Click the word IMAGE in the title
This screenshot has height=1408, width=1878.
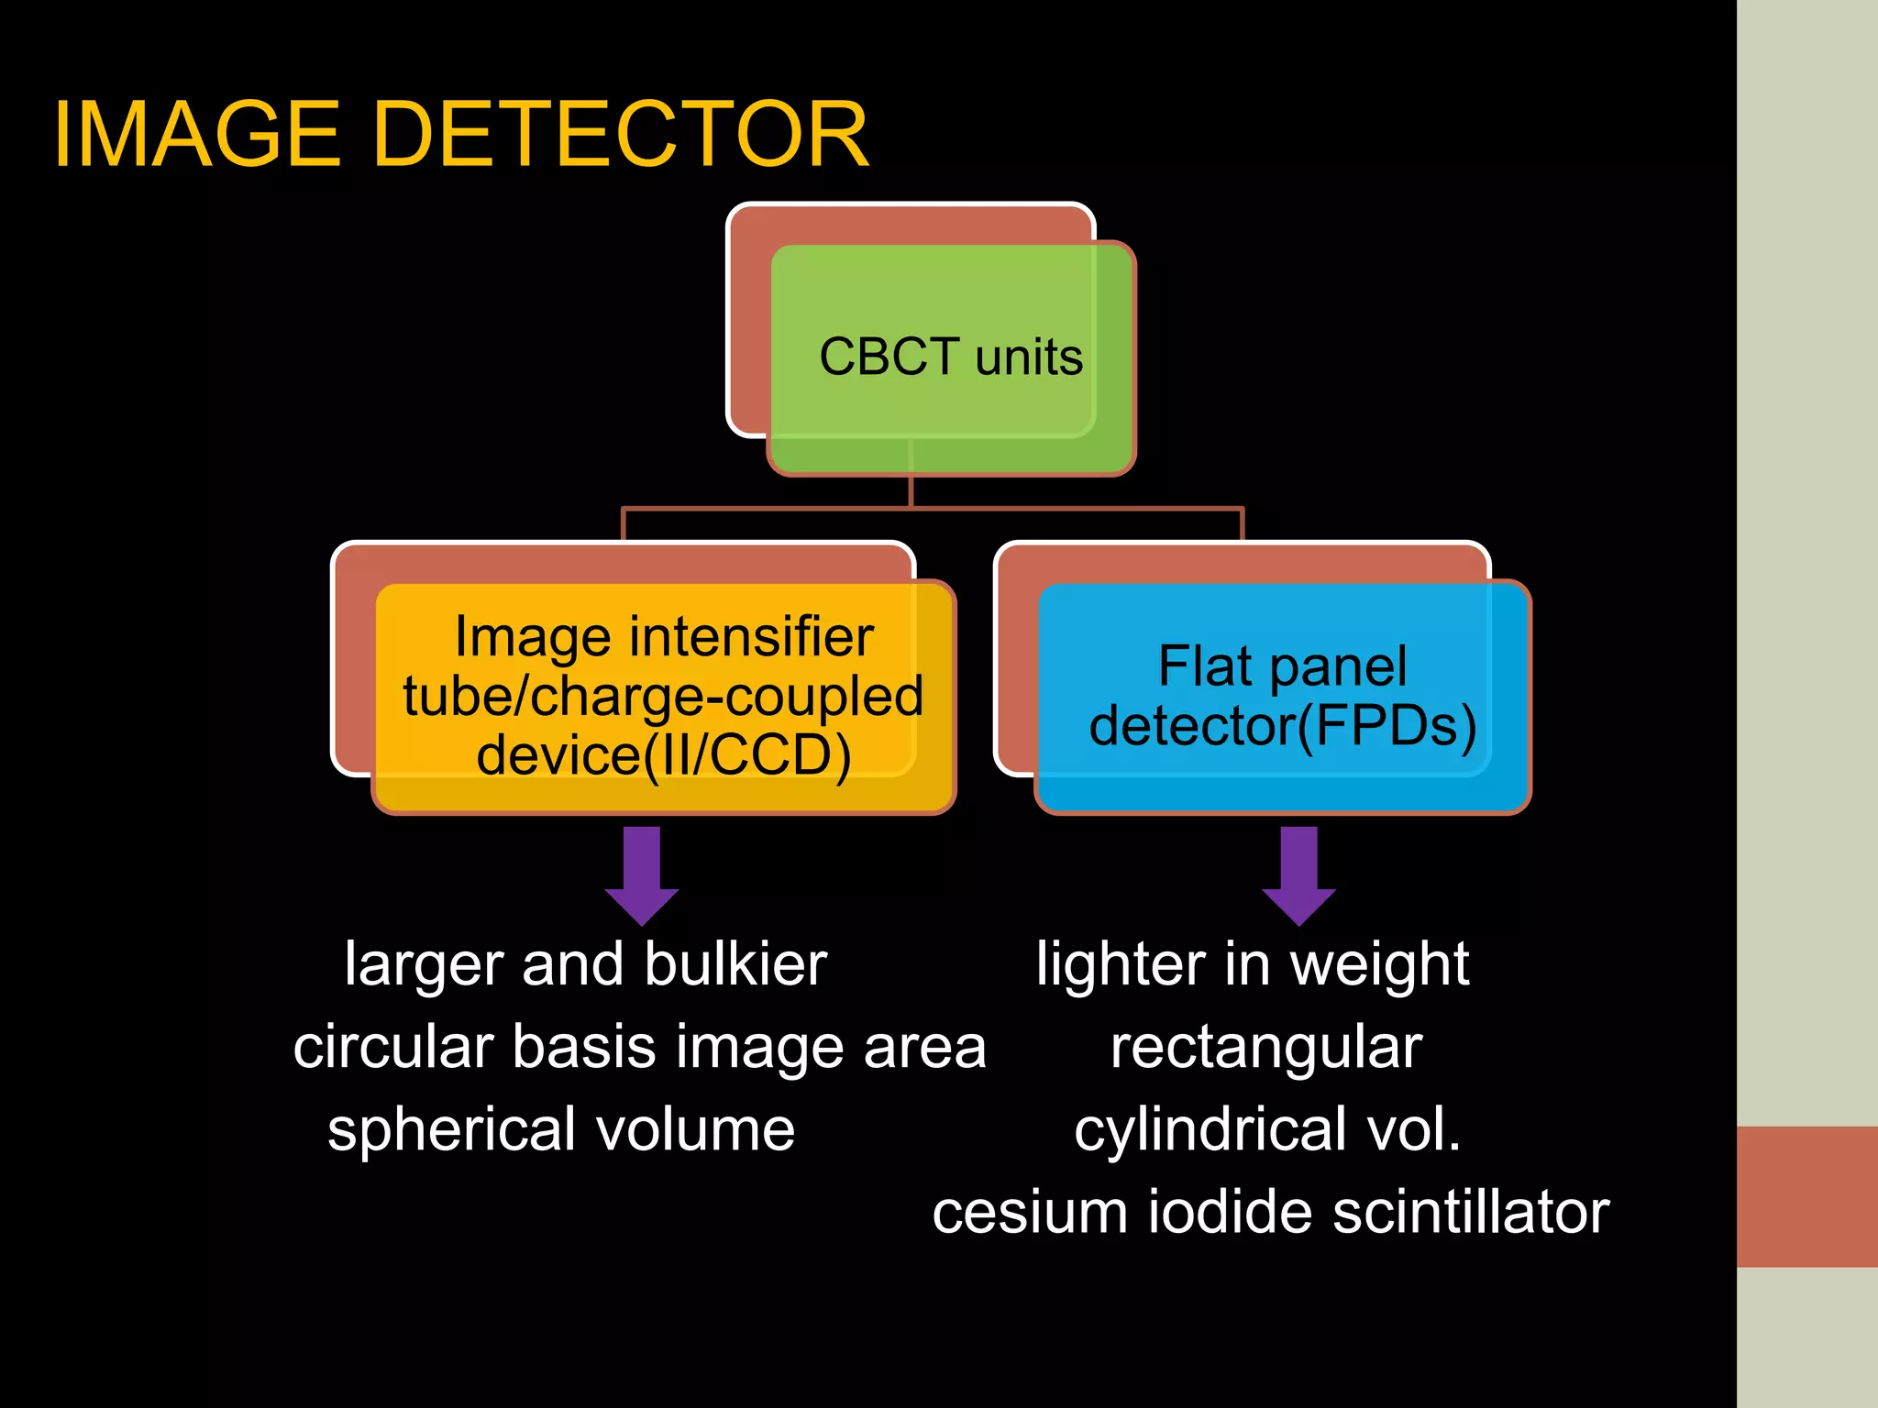click(197, 135)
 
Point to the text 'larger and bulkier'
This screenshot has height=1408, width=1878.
click(586, 964)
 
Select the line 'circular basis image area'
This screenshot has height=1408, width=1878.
click(639, 1047)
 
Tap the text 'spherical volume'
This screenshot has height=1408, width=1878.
click(561, 1129)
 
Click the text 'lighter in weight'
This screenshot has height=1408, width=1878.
click(1253, 964)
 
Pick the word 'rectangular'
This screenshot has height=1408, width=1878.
click(1266, 1047)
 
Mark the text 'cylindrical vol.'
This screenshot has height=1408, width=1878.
click(1267, 1129)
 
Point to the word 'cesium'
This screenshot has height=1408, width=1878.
click(1030, 1212)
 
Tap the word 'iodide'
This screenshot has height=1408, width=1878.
click(1230, 1212)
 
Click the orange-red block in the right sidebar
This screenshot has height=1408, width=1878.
click(1806, 1196)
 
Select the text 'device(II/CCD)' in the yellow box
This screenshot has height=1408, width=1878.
click(664, 755)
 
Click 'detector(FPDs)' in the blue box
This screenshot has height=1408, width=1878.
click(1282, 726)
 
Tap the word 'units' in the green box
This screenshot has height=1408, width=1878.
click(1029, 357)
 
